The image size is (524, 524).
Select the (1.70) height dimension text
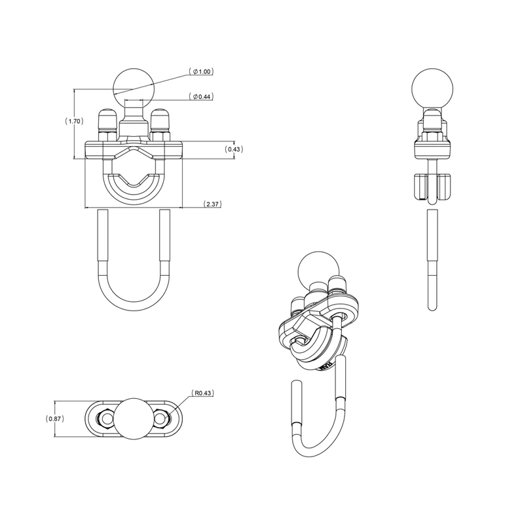74,121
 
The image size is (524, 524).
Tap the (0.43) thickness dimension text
234,149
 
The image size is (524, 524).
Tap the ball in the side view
430,86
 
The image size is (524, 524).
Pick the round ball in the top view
134,418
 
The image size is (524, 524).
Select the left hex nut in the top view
103,418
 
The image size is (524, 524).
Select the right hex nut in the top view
164,418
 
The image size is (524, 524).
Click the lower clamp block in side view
430,187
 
